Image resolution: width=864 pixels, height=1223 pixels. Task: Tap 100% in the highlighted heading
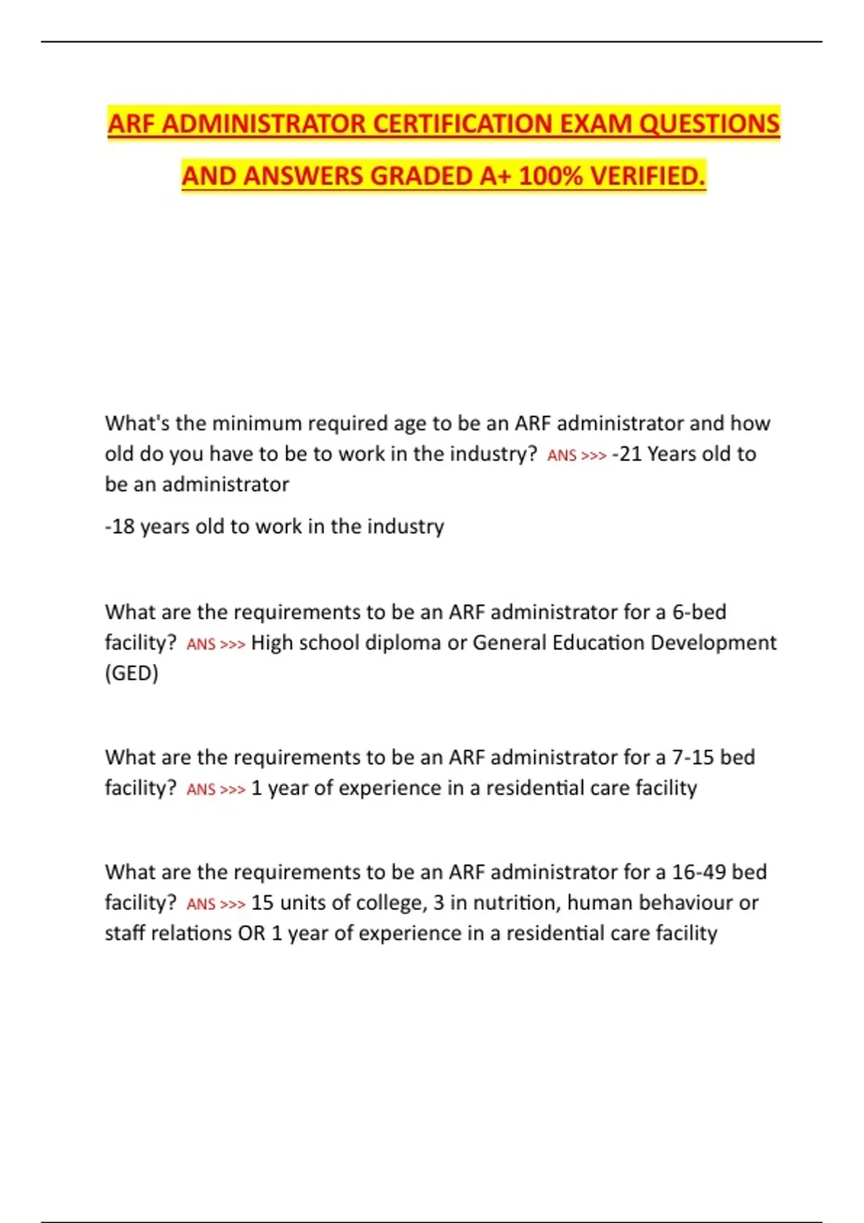549,176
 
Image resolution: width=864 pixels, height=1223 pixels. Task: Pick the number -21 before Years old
626,454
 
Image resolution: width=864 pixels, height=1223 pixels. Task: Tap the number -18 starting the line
120,527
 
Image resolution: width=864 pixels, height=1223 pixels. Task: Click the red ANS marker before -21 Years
562,455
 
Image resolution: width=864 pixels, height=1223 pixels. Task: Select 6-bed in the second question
698,612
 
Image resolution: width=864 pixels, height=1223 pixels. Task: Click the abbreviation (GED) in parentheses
132,673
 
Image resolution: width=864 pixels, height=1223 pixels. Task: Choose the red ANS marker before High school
201,644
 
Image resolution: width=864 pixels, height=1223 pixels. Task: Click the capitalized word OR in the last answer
251,933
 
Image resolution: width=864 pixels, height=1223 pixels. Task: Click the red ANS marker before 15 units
201,904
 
